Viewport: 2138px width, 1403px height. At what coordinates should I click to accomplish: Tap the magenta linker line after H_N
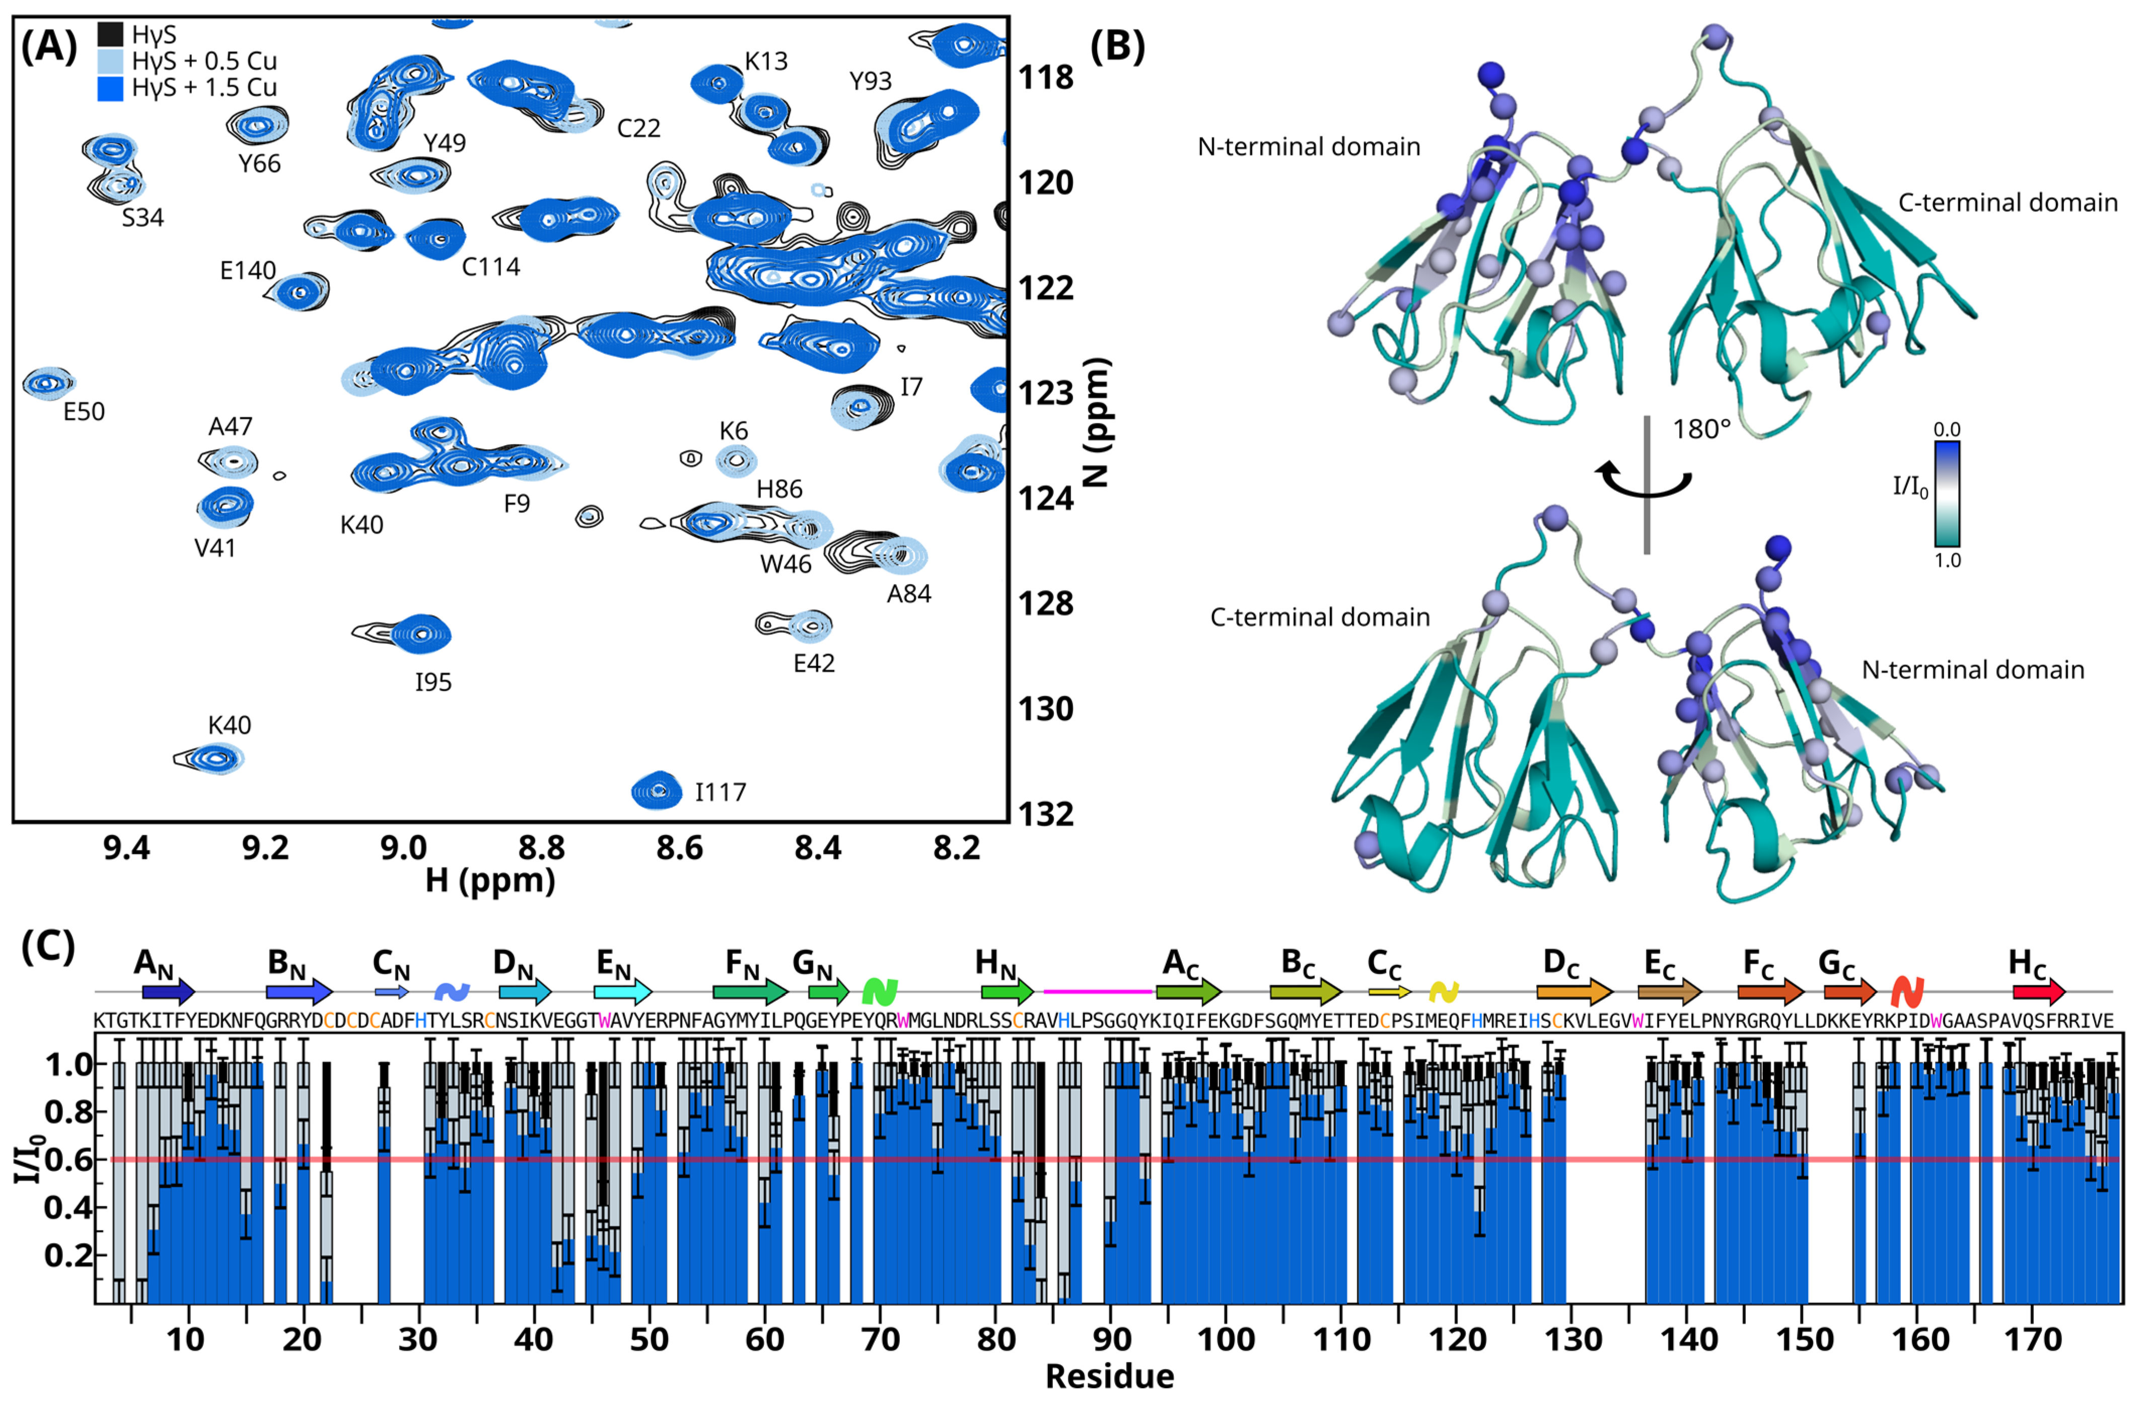[x=1098, y=992]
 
